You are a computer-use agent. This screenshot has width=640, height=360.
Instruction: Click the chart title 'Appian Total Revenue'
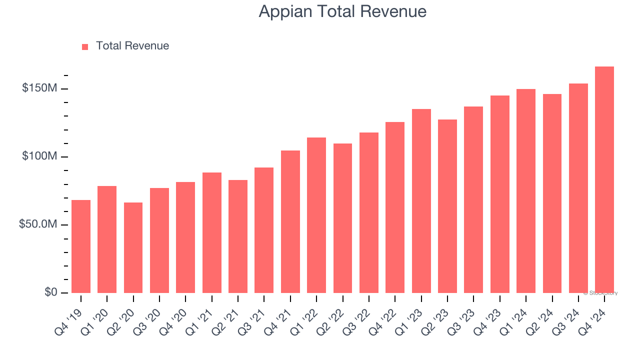click(342, 11)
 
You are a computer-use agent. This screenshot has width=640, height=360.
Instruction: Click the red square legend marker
click(85, 46)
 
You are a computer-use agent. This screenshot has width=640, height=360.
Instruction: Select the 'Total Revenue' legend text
click(132, 46)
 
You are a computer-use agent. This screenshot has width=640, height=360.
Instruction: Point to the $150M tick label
click(39, 88)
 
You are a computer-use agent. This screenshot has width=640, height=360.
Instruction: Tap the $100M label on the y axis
click(39, 156)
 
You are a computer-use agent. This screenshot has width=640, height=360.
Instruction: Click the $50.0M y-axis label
click(37, 224)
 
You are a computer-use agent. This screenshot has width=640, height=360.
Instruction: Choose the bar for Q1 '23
click(421, 201)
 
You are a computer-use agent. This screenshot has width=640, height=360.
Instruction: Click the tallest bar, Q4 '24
click(604, 179)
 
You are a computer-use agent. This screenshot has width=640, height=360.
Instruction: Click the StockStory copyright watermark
click(600, 293)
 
